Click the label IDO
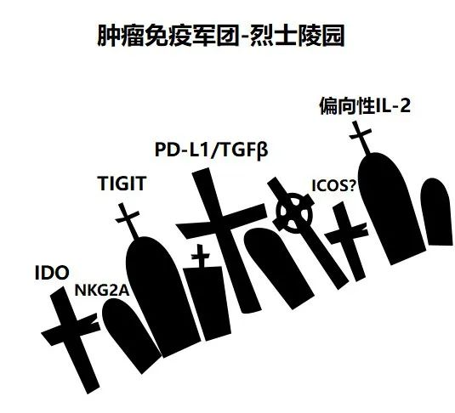(52, 273)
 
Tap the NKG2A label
(102, 291)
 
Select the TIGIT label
(122, 184)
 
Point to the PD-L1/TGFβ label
(211, 150)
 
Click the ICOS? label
(333, 185)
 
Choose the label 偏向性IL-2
(365, 105)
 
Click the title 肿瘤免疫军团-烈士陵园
(220, 36)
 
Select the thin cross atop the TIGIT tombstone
(128, 219)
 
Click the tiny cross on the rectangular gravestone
(201, 256)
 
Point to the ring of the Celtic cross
(295, 197)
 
